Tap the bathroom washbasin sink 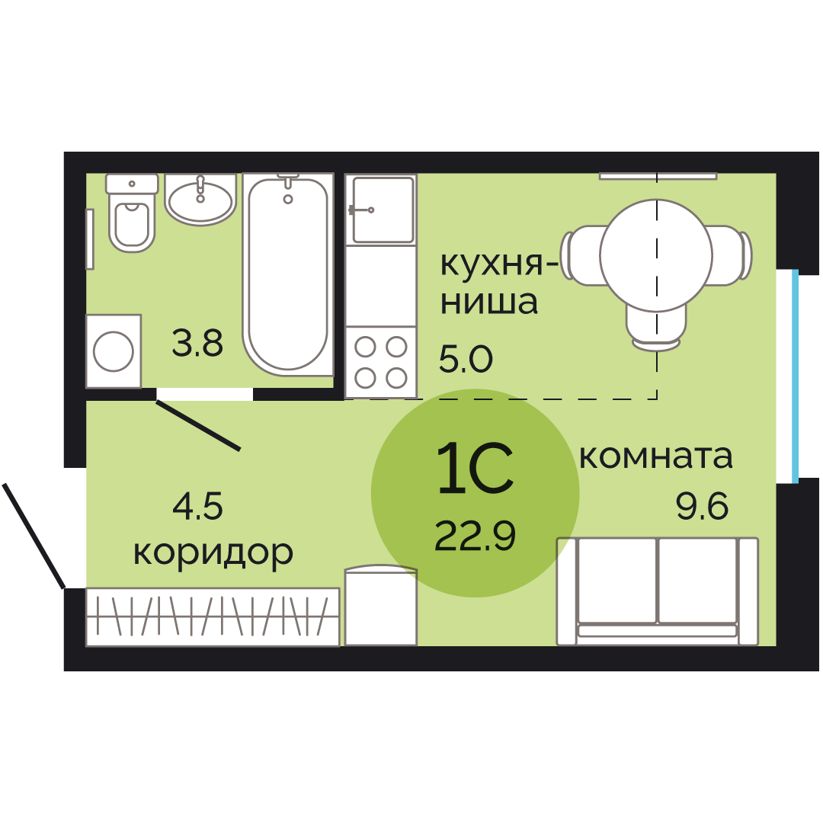(x=200, y=200)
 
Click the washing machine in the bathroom (x=114, y=351)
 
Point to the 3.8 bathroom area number (x=197, y=343)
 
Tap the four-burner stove (x=381, y=362)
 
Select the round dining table (x=656, y=255)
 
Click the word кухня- (x=499, y=264)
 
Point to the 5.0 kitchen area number (x=466, y=360)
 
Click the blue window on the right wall (x=795, y=376)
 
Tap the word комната (x=655, y=457)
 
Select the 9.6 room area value (x=702, y=507)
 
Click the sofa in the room (x=657, y=591)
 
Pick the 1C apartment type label (x=475, y=468)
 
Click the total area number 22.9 (x=475, y=536)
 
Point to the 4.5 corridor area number (x=197, y=507)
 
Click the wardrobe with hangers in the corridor (x=213, y=617)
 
